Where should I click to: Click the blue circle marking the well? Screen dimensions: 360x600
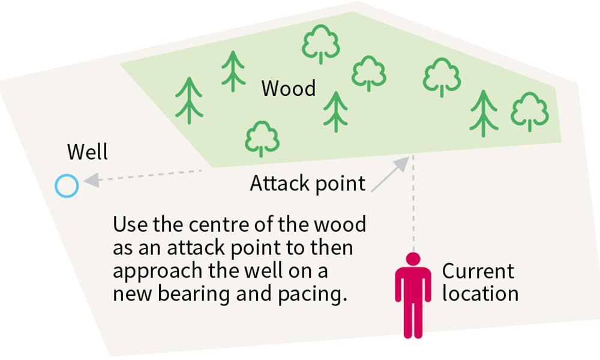pos(66,186)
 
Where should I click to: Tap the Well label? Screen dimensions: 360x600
pos(88,152)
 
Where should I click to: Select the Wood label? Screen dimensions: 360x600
pos(289,89)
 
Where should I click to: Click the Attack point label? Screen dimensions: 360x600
pos(307,183)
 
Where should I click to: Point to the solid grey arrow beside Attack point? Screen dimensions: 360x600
pos(390,175)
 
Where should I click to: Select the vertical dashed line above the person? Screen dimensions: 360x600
pos(413,204)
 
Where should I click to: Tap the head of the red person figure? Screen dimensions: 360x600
pos(413,259)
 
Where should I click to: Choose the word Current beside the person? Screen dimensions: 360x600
pos(478,271)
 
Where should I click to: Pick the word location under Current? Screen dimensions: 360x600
pos(480,293)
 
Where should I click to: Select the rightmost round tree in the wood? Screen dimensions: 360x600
pos(530,112)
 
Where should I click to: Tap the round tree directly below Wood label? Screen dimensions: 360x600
pos(262,139)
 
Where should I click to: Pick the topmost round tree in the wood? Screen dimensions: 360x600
pos(320,43)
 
